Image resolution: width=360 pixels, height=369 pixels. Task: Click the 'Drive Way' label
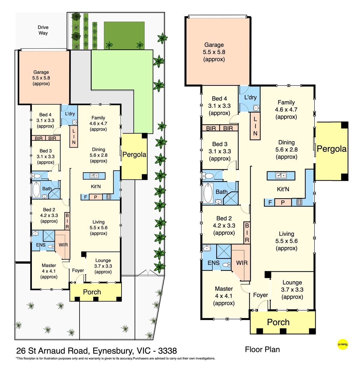tap(43, 30)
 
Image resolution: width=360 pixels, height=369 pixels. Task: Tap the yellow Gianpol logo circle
tap(343, 344)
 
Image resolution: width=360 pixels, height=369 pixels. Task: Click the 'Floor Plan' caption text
tap(262, 349)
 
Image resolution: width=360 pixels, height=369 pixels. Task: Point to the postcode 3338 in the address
tap(167, 351)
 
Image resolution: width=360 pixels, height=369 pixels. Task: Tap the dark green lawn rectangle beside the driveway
tap(124, 35)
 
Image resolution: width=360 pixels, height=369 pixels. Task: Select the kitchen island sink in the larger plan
tap(281, 175)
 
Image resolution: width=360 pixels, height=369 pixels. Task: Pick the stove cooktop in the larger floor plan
tap(299, 202)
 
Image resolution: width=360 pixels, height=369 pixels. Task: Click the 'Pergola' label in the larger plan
tap(331, 149)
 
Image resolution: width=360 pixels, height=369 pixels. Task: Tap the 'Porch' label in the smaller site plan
tap(92, 292)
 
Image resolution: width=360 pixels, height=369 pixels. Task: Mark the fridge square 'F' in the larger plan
tap(270, 202)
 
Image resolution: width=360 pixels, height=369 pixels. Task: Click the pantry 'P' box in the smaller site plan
tap(95, 197)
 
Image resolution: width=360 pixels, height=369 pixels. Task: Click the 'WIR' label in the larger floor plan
tap(242, 263)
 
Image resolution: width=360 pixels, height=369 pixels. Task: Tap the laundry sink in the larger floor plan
tap(256, 108)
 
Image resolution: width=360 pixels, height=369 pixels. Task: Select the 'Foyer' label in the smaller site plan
tap(78, 270)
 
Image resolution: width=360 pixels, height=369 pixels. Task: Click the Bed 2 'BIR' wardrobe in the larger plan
tap(247, 233)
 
